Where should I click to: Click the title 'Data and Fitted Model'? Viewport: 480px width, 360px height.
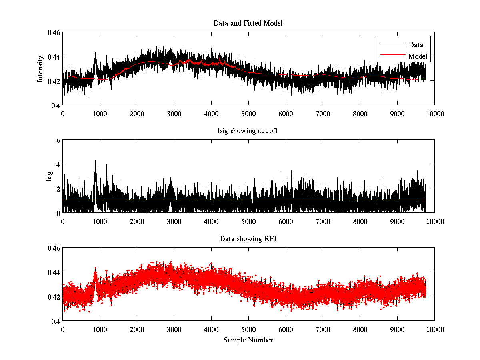[x=248, y=23]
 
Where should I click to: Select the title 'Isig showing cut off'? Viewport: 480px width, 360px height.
[x=248, y=131]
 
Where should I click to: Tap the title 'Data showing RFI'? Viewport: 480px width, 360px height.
[x=248, y=239]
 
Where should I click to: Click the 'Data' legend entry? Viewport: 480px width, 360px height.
[x=416, y=45]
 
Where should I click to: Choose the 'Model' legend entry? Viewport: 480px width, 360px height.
[x=418, y=56]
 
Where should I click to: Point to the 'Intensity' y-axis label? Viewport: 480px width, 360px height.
[x=40, y=69]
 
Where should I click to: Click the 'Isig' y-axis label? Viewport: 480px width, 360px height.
[x=49, y=176]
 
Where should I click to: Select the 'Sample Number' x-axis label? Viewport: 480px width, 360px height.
[x=248, y=340]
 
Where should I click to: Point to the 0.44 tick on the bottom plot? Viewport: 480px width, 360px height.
[x=56, y=272]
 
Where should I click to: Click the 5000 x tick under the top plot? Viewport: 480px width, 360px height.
[x=248, y=114]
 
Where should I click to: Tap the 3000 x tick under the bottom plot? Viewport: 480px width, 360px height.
[x=174, y=329]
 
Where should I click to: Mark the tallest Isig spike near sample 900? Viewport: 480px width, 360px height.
[x=95, y=161]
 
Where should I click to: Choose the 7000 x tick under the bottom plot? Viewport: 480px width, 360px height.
[x=323, y=329]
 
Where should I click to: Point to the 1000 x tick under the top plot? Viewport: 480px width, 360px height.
[x=100, y=114]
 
